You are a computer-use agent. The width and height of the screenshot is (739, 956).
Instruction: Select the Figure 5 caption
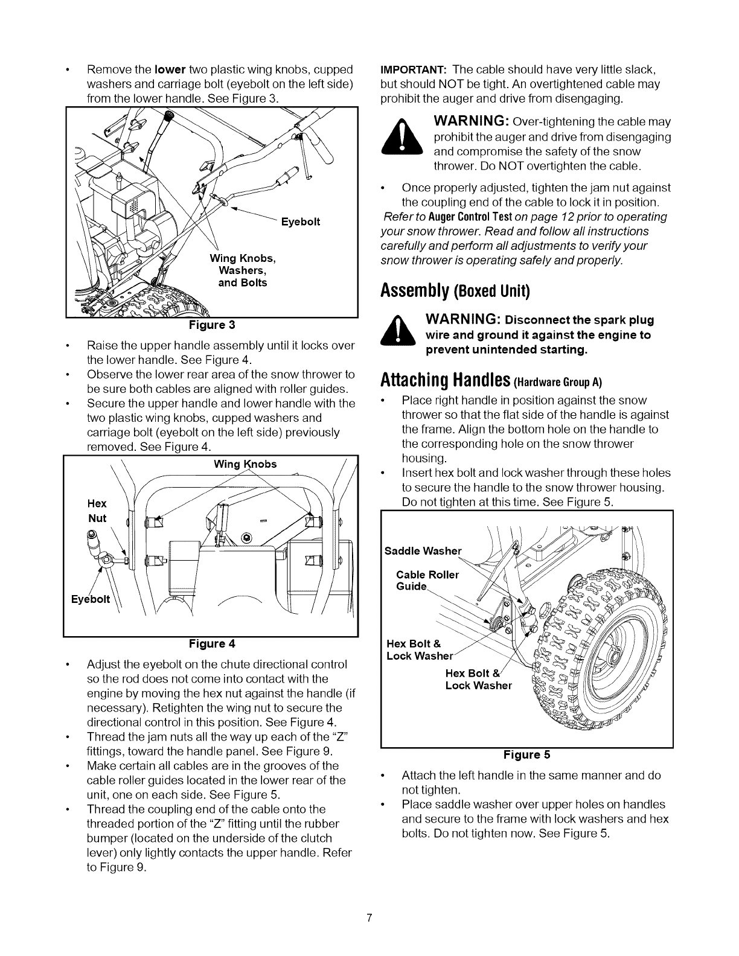tap(527, 754)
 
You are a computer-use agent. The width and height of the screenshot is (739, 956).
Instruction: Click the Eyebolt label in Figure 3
tap(301, 222)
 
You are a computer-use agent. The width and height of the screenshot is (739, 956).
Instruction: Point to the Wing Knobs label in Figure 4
tap(245, 464)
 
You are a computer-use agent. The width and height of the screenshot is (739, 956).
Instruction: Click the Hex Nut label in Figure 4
tap(97, 511)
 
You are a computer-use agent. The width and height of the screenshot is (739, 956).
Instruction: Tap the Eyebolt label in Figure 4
tap(91, 599)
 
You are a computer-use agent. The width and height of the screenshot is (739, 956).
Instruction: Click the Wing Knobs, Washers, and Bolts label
tap(242, 271)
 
